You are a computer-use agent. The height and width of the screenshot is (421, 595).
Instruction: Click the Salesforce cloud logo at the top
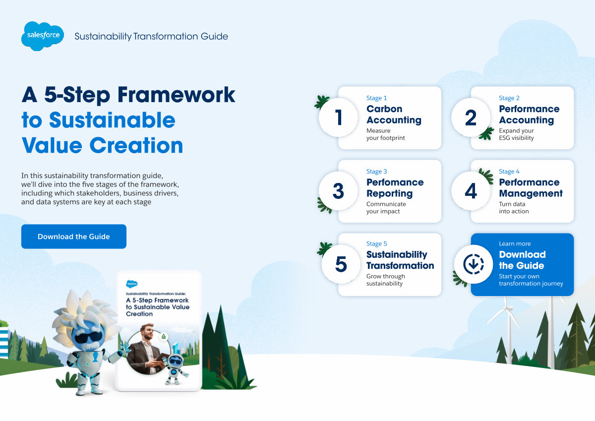coord(43,36)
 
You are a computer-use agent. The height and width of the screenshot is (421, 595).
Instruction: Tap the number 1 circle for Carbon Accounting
coord(338,118)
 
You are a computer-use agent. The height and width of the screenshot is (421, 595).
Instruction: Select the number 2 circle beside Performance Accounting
coord(471,118)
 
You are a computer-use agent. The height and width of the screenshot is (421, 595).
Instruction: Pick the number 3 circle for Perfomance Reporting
coord(338,191)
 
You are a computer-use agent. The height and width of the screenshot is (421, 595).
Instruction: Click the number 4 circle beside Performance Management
coord(471,191)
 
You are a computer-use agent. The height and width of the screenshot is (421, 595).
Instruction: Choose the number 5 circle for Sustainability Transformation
coord(341,264)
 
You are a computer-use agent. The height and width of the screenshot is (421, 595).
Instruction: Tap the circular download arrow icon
coord(474,264)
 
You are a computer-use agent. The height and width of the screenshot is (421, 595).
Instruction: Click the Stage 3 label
coord(377,171)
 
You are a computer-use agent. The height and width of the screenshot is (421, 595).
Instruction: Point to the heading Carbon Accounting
coord(394,114)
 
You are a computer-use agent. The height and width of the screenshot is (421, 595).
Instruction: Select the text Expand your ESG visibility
coord(516,134)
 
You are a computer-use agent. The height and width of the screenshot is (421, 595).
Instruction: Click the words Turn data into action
coord(514,207)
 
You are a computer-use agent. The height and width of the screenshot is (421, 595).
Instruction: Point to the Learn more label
coord(515,243)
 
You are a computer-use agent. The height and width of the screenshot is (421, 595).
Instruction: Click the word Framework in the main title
coord(177,95)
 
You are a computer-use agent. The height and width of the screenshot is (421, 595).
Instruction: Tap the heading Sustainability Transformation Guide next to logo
coord(151,36)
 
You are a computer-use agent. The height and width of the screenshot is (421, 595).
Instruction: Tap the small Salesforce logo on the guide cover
coord(132,284)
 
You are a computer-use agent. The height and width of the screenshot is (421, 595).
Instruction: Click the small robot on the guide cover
coord(176,368)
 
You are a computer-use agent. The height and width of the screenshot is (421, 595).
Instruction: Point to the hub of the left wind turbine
coord(508,309)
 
